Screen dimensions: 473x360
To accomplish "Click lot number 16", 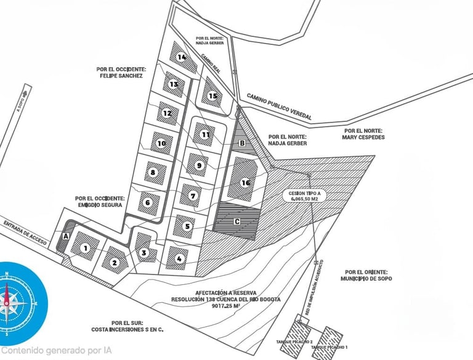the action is coord(245,182).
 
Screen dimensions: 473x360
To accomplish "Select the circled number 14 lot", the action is coord(181,57).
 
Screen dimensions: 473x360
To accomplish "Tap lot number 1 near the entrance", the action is coord(86,248).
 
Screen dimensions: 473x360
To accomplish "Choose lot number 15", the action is coord(213,95).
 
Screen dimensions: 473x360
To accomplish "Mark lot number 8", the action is coord(153,172).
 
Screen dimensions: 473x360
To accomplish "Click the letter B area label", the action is coord(242,143).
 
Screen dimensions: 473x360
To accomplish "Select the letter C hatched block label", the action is coord(236,220).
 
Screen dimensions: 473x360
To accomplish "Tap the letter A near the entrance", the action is coord(66,235).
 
